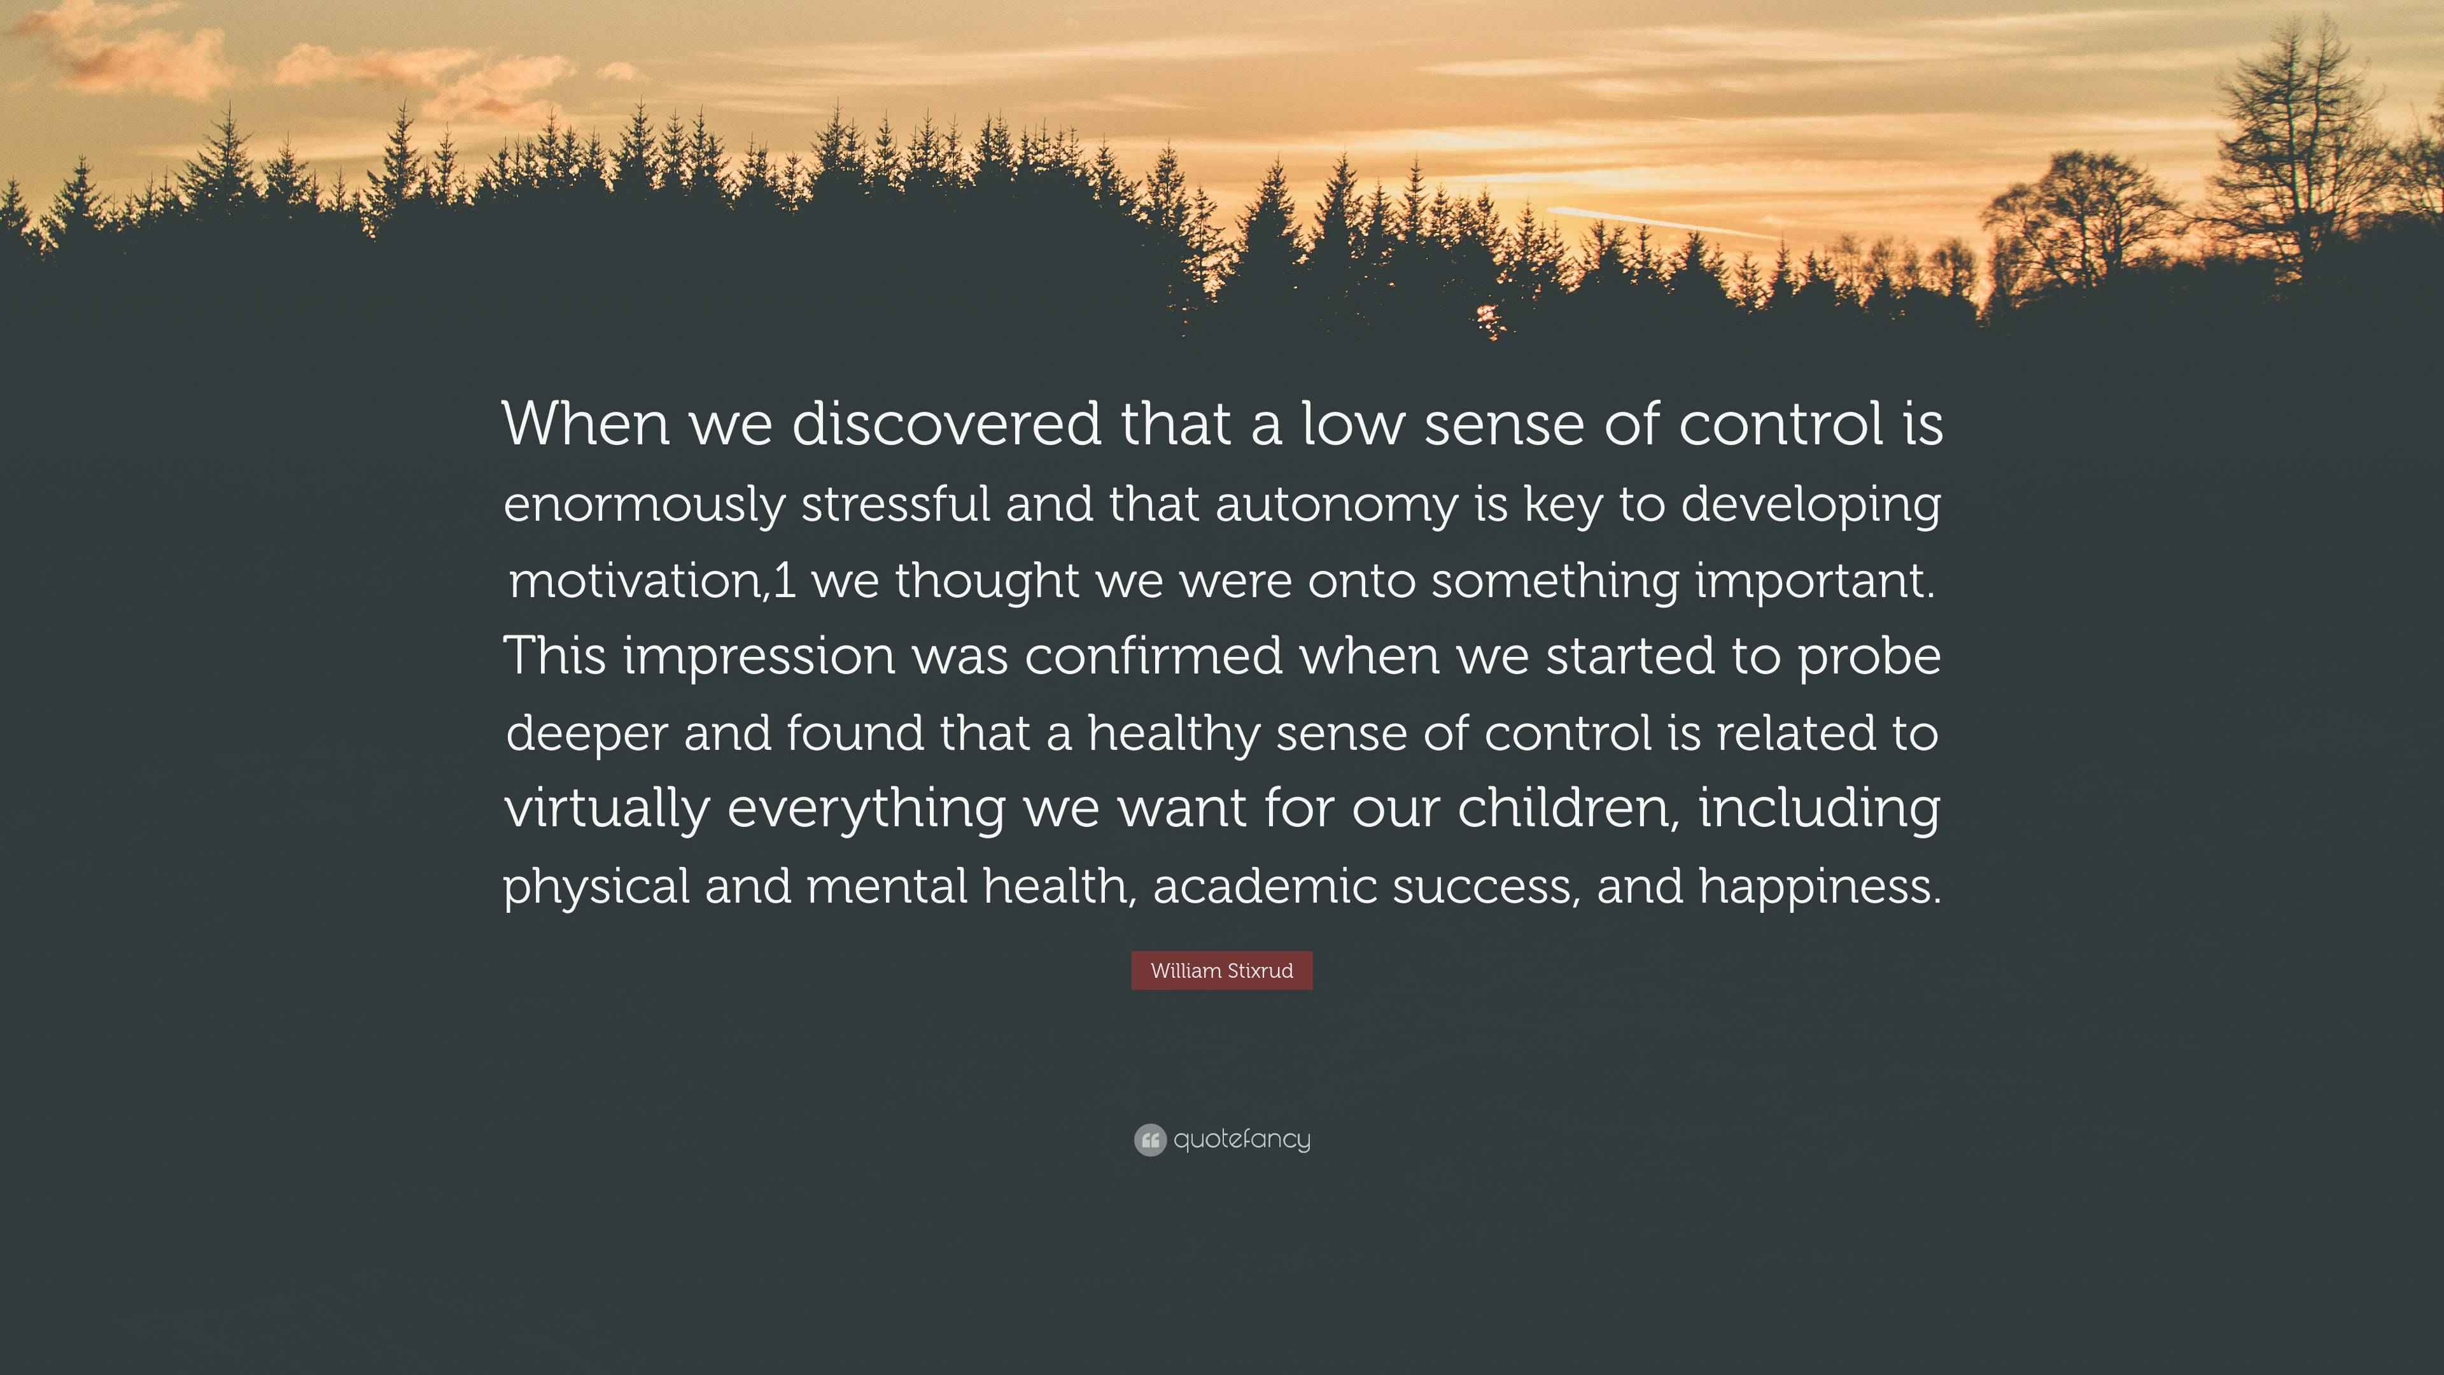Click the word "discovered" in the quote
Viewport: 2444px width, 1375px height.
pyautogui.click(x=946, y=423)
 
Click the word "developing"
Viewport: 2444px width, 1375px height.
pyautogui.click(x=1810, y=505)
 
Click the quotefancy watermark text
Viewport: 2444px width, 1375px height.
pyautogui.click(x=1242, y=1139)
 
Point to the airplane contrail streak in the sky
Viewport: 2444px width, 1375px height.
pyautogui.click(x=1661, y=223)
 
